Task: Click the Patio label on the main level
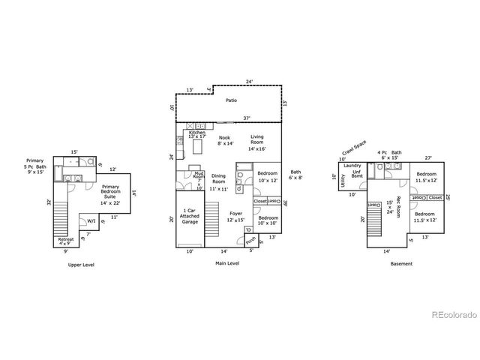pyautogui.click(x=231, y=99)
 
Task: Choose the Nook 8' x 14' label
pyautogui.click(x=225, y=140)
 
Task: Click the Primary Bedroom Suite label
pyautogui.click(x=110, y=190)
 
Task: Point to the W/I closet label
pyautogui.click(x=91, y=221)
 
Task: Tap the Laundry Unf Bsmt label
pyautogui.click(x=353, y=171)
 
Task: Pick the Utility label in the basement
pyautogui.click(x=343, y=181)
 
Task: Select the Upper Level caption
pyautogui.click(x=80, y=265)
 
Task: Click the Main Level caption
pyautogui.click(x=226, y=264)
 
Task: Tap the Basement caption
pyautogui.click(x=401, y=264)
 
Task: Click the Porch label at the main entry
pyautogui.click(x=250, y=240)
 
